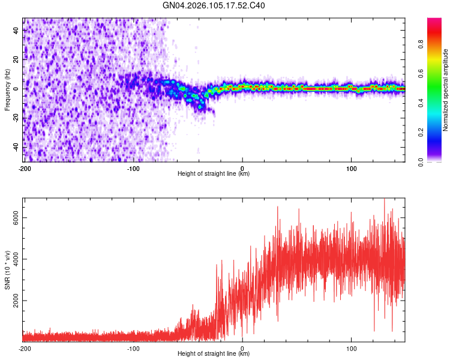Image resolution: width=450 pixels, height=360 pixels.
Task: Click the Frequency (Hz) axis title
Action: [7, 89]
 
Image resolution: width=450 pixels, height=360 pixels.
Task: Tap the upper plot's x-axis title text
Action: [214, 173]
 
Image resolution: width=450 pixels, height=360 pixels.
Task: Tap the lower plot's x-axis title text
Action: [214, 353]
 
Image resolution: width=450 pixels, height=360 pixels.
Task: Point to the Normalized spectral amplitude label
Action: [446, 90]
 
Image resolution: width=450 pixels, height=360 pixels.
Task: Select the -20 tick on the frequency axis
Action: [16, 118]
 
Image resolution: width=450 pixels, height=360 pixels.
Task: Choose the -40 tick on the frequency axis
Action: [16, 147]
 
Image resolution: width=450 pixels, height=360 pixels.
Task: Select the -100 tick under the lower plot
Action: [133, 347]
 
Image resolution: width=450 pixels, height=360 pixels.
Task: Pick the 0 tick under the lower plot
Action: [242, 347]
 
